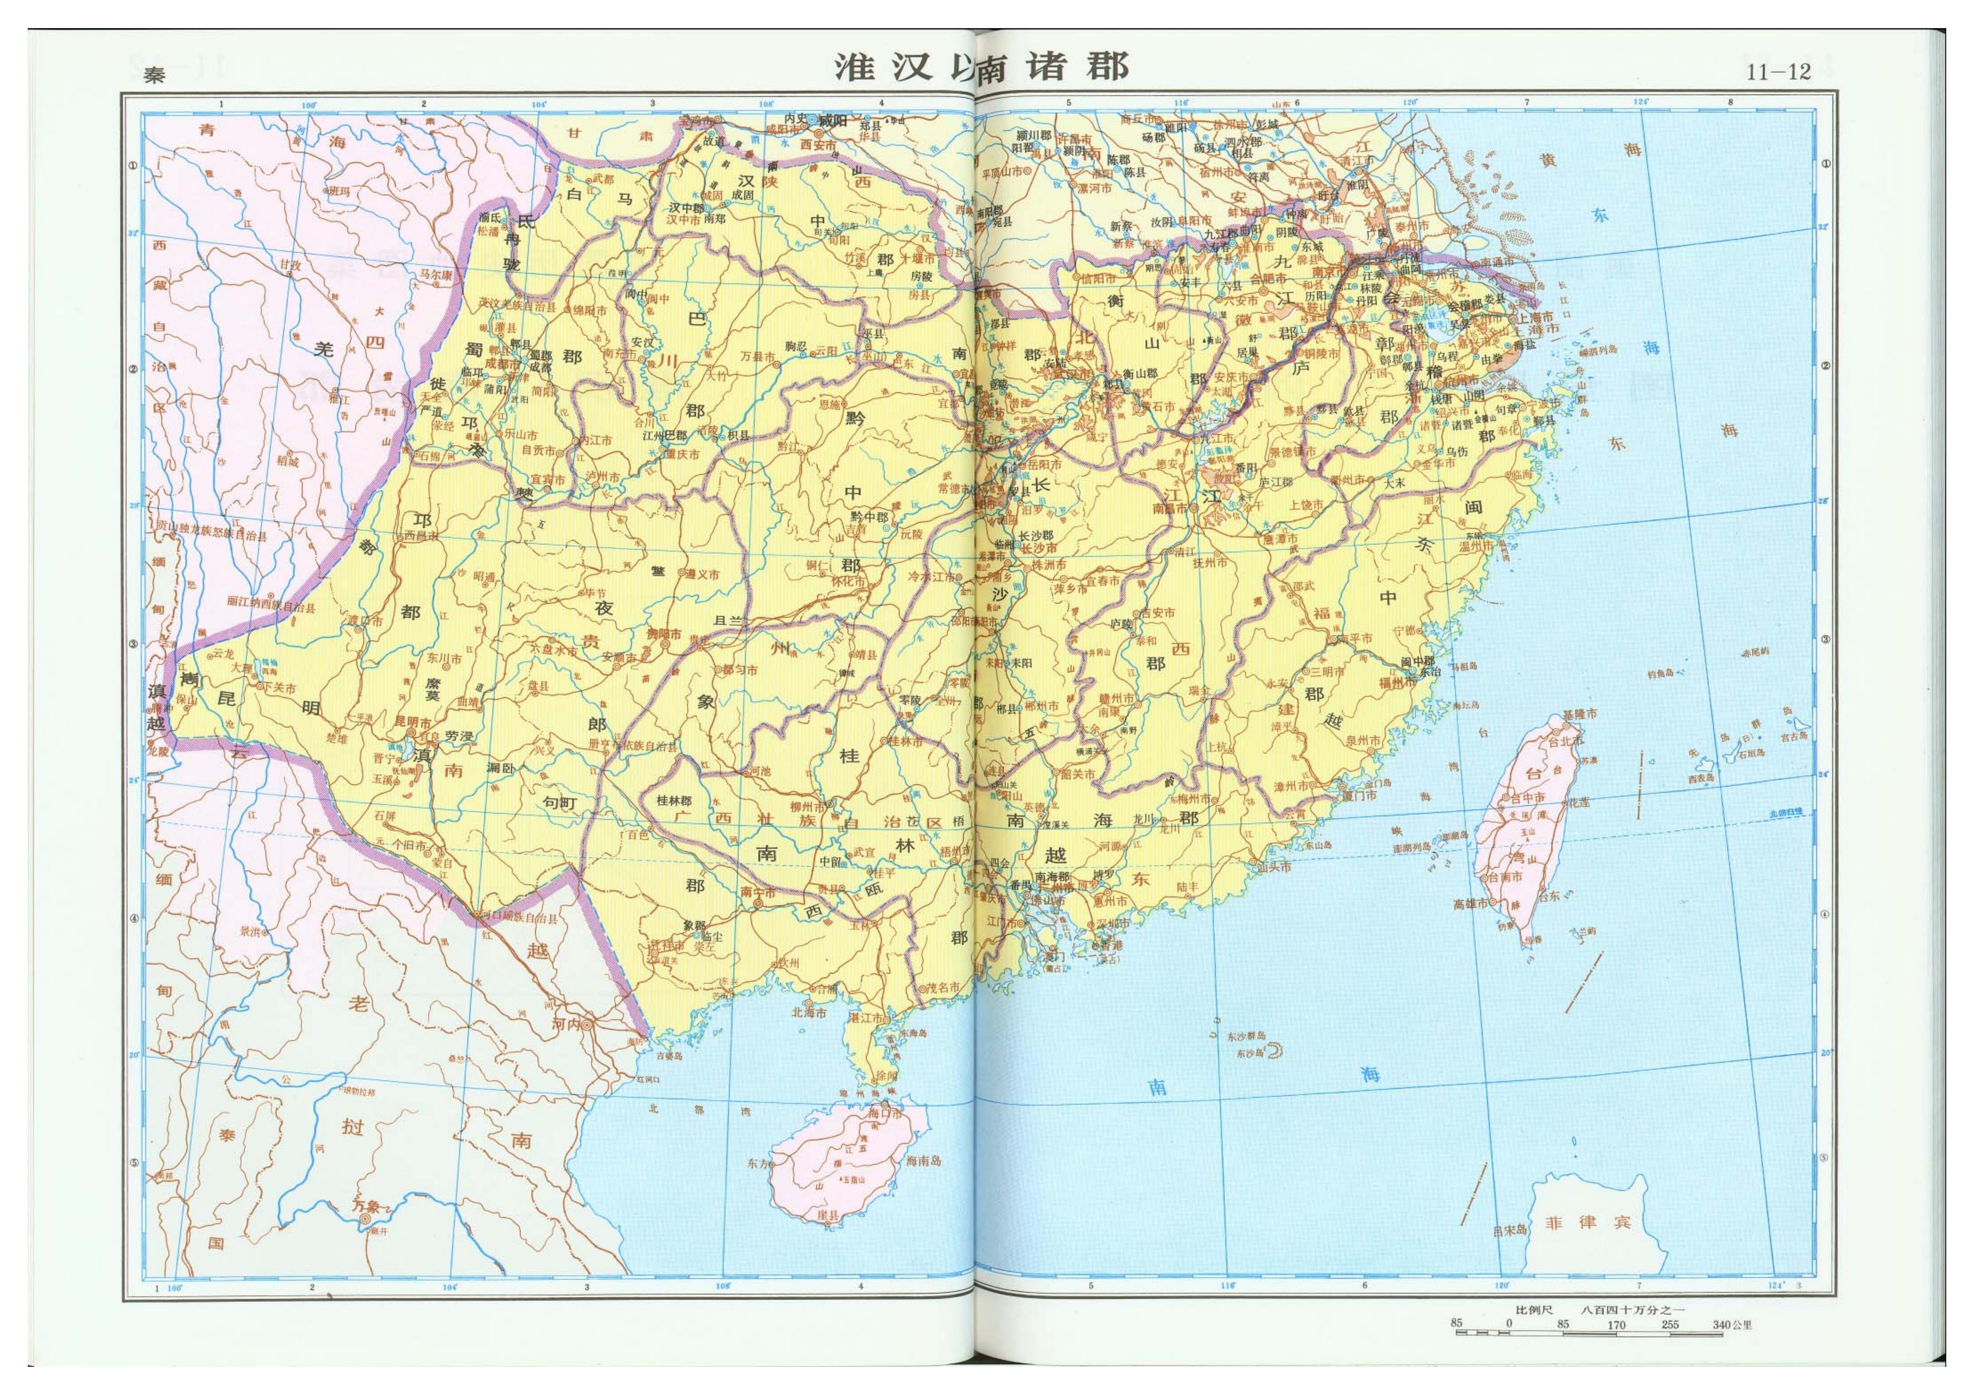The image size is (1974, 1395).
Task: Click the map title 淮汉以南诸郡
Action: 980,67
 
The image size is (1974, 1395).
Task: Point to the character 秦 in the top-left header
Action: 155,76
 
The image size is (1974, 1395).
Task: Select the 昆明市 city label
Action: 413,720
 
